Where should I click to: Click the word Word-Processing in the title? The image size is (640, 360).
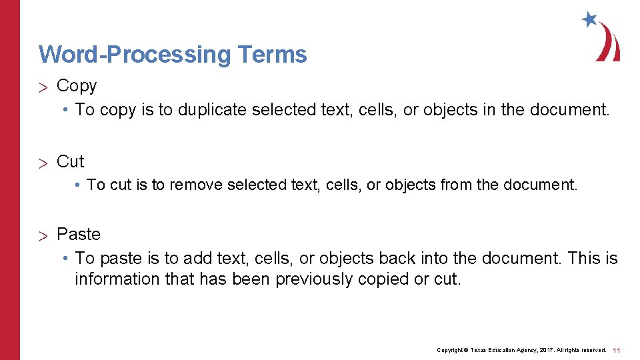pos(133,54)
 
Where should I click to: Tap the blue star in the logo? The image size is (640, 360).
pos(589,19)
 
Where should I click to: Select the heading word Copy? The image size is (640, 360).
pos(77,86)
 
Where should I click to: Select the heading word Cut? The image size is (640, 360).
pos(71,161)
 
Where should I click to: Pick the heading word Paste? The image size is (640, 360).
pos(79,234)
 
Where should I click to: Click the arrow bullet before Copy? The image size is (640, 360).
pos(45,87)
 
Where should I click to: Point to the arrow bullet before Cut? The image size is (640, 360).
pos(45,162)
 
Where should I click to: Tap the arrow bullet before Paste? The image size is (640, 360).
pos(45,235)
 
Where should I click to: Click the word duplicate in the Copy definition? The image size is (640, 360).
pos(213,109)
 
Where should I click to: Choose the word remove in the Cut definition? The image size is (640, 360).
pos(196,185)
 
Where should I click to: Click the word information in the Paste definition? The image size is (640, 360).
pos(117,279)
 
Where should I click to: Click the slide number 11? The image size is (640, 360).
pos(617,350)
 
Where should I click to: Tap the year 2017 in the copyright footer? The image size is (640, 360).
pos(542,350)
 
